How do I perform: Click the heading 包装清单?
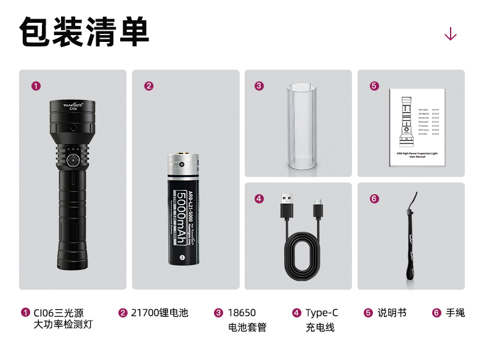[x=84, y=32]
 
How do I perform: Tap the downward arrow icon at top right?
[x=451, y=34]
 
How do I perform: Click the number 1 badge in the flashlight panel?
[x=36, y=86]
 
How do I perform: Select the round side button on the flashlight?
[x=72, y=160]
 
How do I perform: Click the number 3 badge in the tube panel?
[x=259, y=86]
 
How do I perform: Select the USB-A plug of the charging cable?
[x=287, y=207]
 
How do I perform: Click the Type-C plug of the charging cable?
[x=318, y=208]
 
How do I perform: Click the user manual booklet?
[x=417, y=127]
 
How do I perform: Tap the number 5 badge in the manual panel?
[x=374, y=86]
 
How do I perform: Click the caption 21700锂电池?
[x=159, y=313]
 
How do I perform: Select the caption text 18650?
[x=242, y=313]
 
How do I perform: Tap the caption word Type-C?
[x=321, y=313]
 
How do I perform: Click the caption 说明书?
[x=392, y=313]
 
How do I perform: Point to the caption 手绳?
[x=455, y=313]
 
